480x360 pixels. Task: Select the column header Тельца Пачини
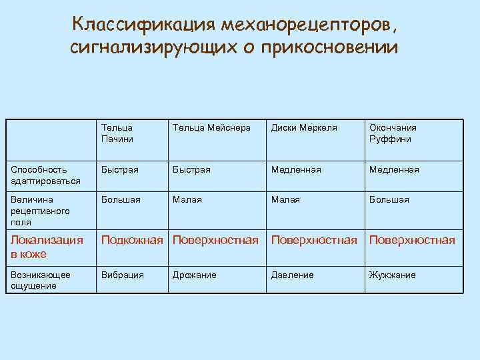click(x=117, y=133)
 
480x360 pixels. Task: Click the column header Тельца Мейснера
click(x=211, y=127)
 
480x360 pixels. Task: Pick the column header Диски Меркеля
click(x=304, y=127)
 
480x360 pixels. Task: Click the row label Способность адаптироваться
click(x=45, y=175)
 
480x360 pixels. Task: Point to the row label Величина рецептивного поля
click(x=41, y=211)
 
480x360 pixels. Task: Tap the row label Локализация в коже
click(x=47, y=247)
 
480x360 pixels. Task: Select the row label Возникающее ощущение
click(x=41, y=281)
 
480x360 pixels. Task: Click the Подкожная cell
click(x=132, y=240)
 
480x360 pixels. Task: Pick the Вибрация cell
click(x=123, y=275)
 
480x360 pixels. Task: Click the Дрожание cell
click(x=194, y=275)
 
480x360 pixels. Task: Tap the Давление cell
click(x=292, y=275)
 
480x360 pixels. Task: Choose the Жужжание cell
click(x=392, y=275)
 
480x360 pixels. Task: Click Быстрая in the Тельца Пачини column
click(x=120, y=169)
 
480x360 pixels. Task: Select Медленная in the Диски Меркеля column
click(x=296, y=169)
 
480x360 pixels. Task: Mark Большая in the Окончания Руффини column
click(x=389, y=199)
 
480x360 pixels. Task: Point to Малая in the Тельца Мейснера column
click(x=187, y=199)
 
